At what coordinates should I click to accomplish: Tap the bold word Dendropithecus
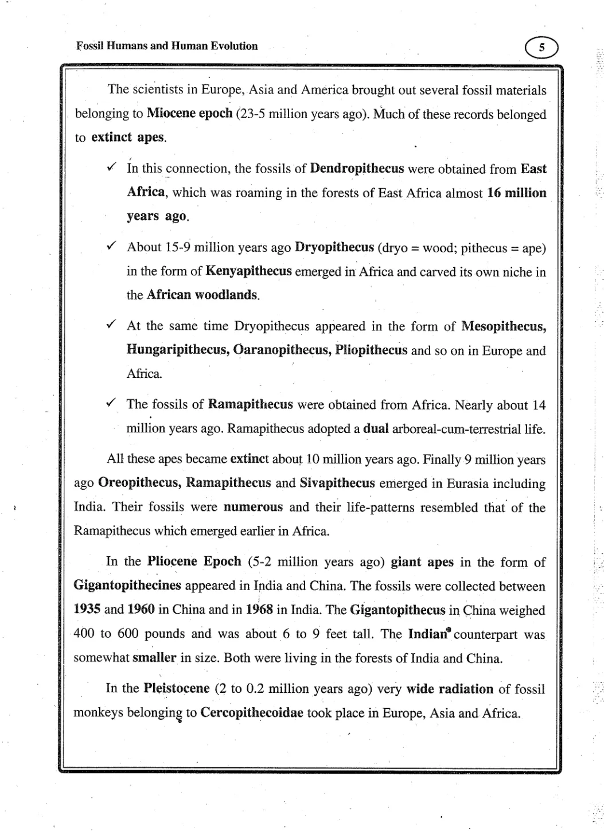pyautogui.click(x=357, y=169)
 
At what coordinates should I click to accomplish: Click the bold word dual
pyautogui.click(x=376, y=429)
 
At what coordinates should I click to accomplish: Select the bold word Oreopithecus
pyautogui.click(x=139, y=483)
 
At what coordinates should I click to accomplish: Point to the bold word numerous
pyautogui.click(x=253, y=507)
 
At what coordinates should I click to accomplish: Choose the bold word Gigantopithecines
pyautogui.click(x=127, y=586)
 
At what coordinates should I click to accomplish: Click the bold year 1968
pyautogui.click(x=259, y=610)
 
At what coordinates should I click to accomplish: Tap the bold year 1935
pyautogui.click(x=87, y=610)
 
